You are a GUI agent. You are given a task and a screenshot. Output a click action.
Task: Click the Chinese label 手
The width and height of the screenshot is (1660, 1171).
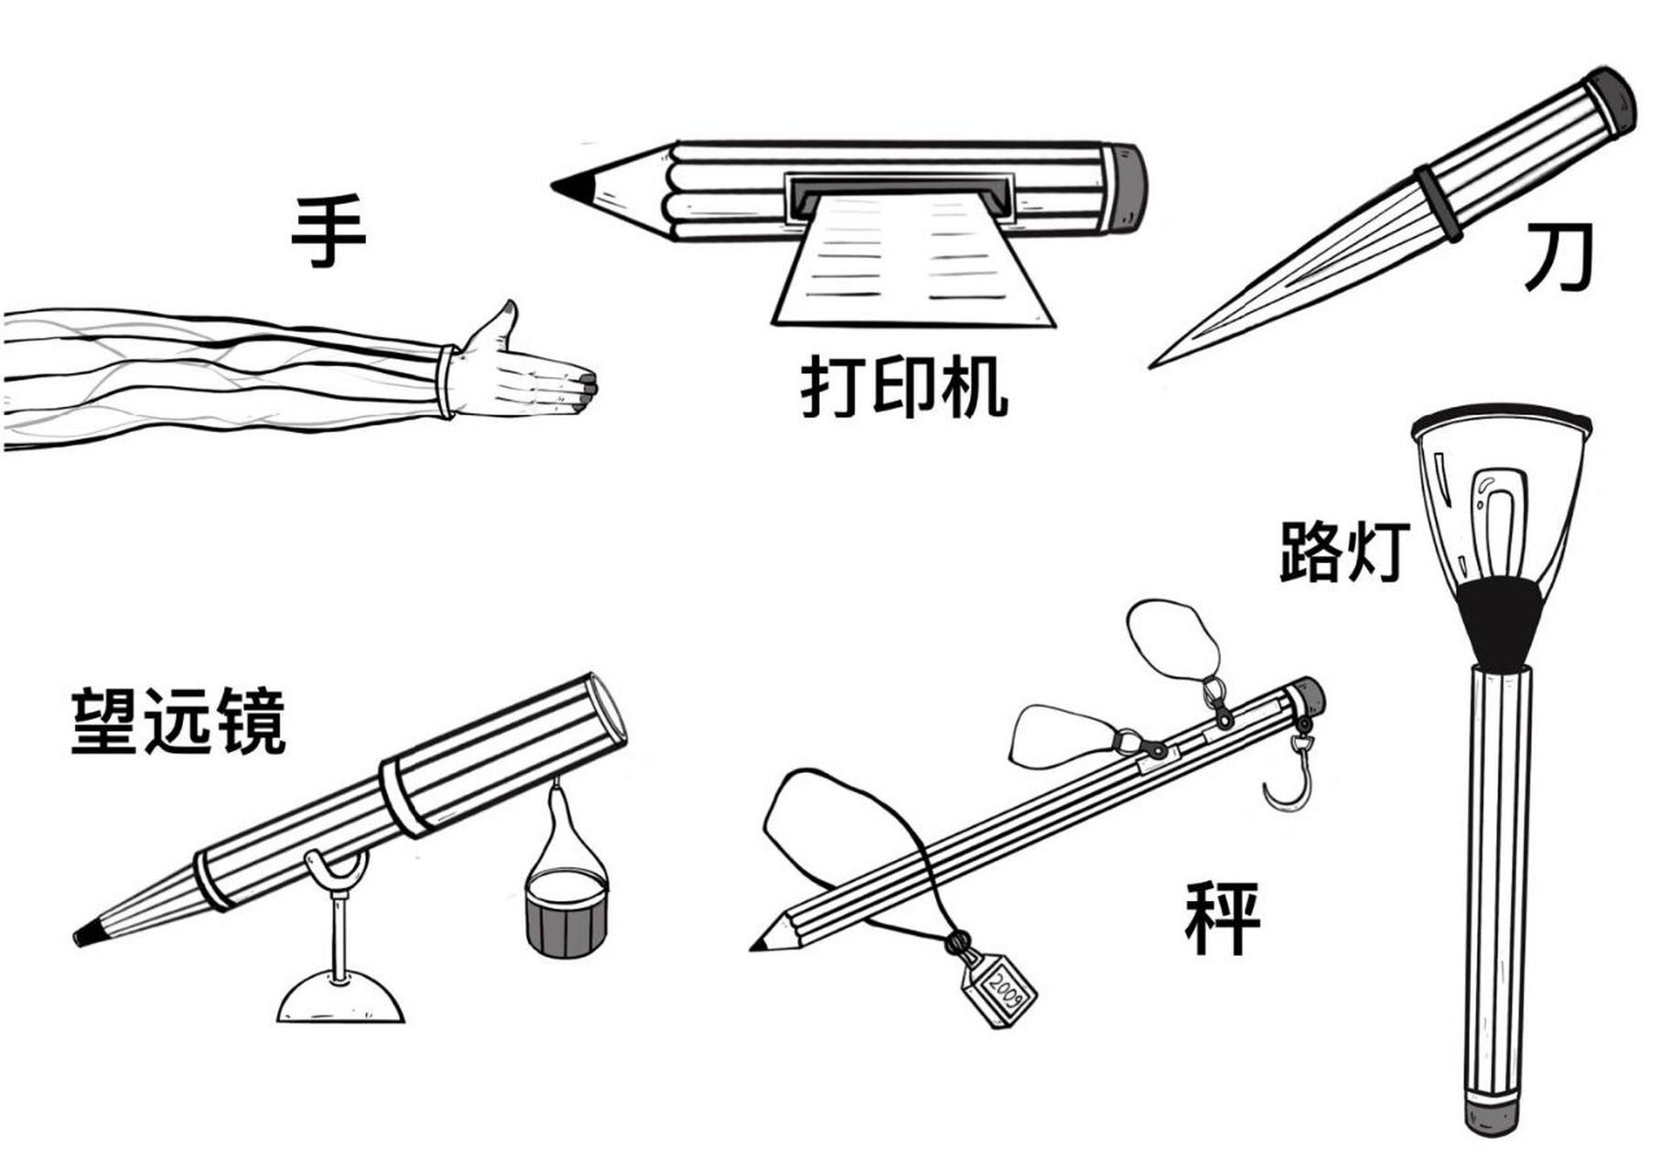click(329, 231)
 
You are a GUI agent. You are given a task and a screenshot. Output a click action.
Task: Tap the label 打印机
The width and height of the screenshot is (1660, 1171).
click(904, 390)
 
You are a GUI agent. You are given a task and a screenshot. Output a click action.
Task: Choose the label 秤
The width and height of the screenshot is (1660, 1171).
click(1222, 918)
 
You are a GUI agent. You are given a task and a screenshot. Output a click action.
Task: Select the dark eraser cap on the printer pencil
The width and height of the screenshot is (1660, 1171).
click(1129, 187)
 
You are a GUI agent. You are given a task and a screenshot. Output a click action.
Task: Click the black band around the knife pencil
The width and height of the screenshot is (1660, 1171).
click(1439, 204)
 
